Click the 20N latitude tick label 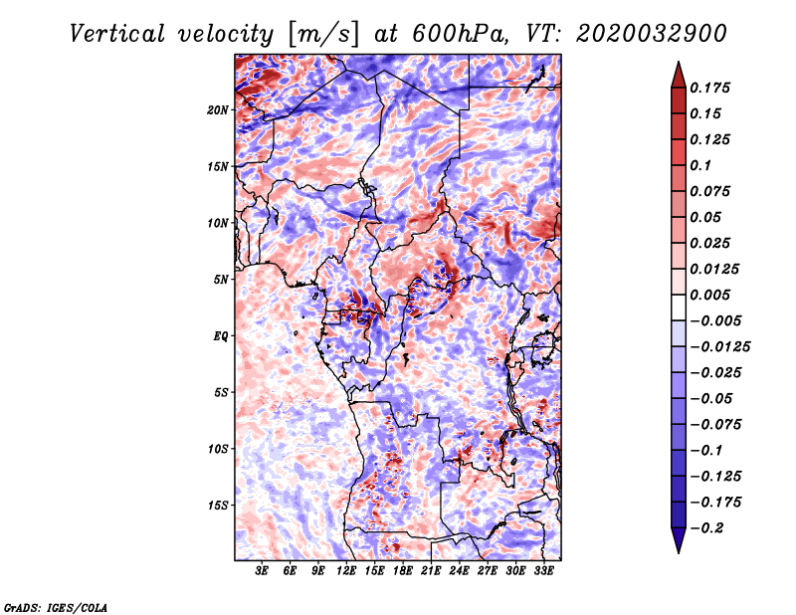218,109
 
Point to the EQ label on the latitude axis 220,335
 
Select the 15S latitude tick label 218,505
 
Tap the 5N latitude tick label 220,279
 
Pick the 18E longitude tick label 403,571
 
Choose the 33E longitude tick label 544,571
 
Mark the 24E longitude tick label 460,571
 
